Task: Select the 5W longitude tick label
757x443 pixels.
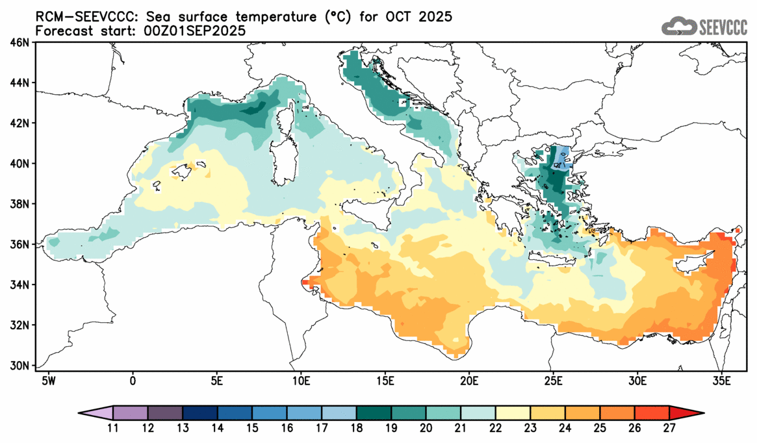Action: pyautogui.click(x=47, y=380)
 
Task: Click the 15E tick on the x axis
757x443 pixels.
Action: pyautogui.click(x=385, y=380)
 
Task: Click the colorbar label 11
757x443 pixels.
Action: pyautogui.click(x=113, y=429)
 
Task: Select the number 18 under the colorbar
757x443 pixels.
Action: pyautogui.click(x=357, y=429)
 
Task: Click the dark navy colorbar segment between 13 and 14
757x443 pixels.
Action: pyautogui.click(x=200, y=412)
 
